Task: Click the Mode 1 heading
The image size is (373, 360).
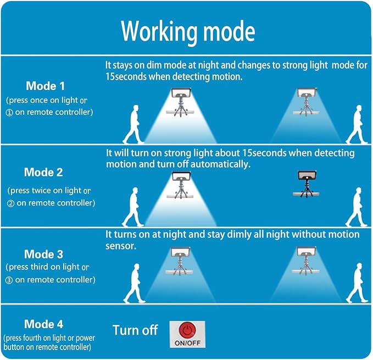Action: (45, 86)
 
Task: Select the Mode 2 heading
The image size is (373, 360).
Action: (43, 172)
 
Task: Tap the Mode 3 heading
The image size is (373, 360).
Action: (43, 254)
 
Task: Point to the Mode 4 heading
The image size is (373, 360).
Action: (43, 324)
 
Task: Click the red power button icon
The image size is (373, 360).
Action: (187, 330)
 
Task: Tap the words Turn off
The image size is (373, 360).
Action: (135, 330)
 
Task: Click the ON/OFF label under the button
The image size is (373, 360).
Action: (187, 342)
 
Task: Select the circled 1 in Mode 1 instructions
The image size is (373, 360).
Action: (9, 113)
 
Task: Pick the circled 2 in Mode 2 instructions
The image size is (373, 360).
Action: (10, 203)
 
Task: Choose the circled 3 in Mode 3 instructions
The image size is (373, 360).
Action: (9, 280)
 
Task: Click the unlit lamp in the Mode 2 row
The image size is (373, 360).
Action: (307, 184)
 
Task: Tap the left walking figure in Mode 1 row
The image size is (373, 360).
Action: (133, 124)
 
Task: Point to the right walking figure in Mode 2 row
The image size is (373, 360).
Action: (357, 207)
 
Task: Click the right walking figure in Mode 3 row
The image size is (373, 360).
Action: (357, 283)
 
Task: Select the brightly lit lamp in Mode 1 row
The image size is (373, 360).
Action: (181, 102)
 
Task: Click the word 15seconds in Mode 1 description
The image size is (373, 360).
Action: (126, 76)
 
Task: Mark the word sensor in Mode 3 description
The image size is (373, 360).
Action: (121, 246)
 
